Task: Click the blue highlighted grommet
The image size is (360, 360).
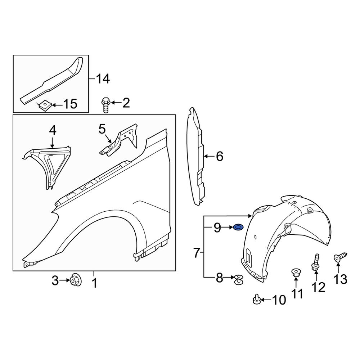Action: tap(238, 228)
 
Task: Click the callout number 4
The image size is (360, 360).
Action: tap(53, 130)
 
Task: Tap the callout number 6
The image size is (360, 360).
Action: tap(219, 157)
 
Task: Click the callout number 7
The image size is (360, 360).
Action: tap(197, 253)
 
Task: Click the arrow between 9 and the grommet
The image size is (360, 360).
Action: tap(228, 228)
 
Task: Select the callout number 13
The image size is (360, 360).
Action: tap(341, 279)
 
